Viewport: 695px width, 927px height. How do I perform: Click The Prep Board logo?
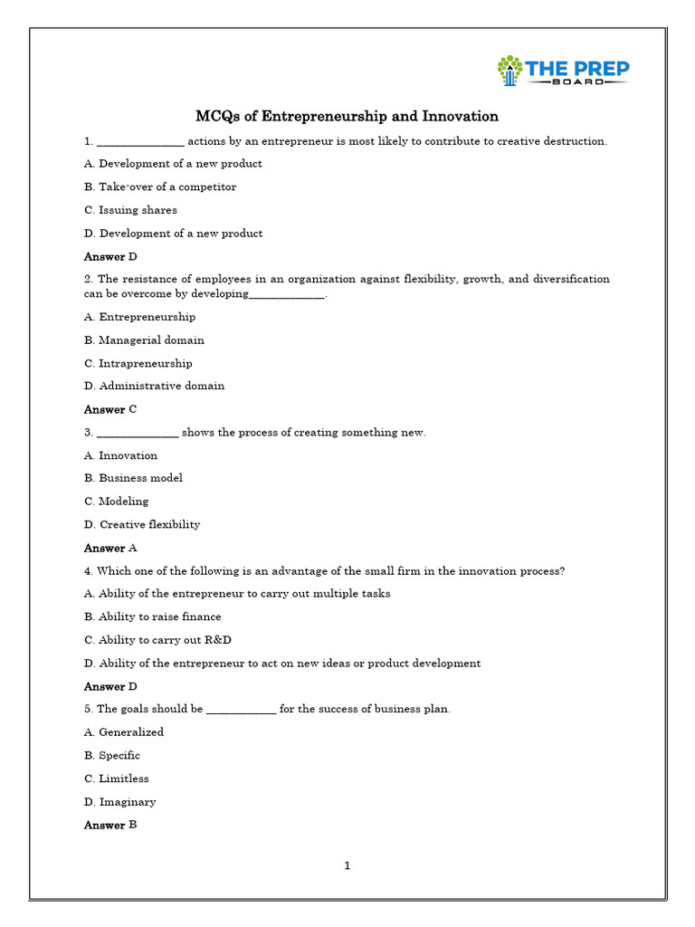[x=563, y=71]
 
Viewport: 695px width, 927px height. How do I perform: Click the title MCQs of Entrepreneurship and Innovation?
[x=347, y=117]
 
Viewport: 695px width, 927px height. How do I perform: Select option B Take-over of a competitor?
[x=160, y=186]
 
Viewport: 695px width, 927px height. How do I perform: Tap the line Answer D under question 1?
[x=110, y=256]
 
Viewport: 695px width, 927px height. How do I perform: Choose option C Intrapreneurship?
[x=138, y=363]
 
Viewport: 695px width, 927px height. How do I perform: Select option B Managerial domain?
[x=144, y=340]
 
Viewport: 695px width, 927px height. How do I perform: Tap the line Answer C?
[x=110, y=409]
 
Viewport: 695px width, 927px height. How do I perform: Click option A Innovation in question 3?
[x=120, y=455]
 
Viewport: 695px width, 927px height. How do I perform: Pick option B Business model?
[x=133, y=478]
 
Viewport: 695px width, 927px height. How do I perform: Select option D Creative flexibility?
[x=142, y=524]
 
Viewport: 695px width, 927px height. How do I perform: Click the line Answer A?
[x=110, y=548]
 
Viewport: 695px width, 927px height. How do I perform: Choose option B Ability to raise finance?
[x=153, y=616]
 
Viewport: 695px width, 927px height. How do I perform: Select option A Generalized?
[x=124, y=732]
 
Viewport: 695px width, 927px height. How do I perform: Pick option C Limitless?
[x=117, y=779]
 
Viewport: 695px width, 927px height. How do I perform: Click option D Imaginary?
[x=120, y=802]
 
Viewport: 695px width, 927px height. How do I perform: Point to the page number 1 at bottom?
[x=347, y=865]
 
